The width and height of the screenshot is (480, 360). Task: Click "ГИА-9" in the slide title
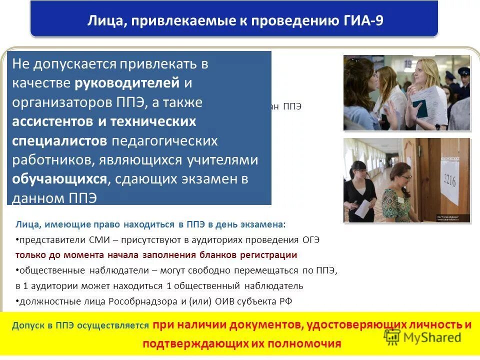point(363,21)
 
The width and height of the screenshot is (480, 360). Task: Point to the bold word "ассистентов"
point(53,121)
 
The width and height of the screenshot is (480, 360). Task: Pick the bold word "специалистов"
point(59,140)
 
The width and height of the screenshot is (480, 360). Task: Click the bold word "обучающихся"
point(60,179)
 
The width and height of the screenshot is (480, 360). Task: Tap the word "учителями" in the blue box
point(222,160)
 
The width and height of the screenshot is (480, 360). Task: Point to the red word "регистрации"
point(272,255)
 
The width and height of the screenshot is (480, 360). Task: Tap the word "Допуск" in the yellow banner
point(29,325)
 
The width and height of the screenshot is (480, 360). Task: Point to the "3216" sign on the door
point(449,179)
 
